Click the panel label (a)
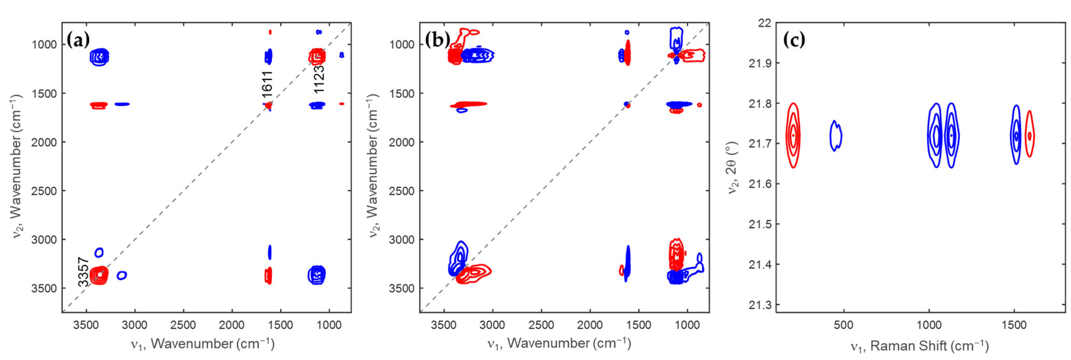[x=78, y=41]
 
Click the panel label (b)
[x=436, y=41]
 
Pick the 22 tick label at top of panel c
[x=764, y=23]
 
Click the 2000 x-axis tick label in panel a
[x=231, y=325]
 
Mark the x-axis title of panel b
[x=559, y=343]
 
